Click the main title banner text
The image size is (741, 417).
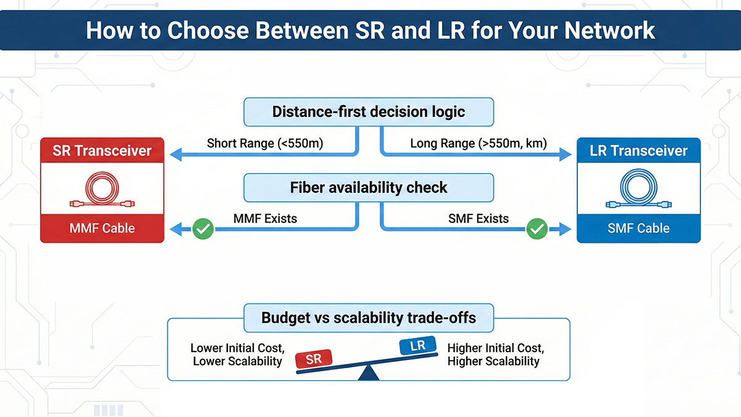(370, 30)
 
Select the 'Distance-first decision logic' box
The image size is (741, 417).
(369, 112)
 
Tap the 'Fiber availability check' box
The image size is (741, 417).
(369, 188)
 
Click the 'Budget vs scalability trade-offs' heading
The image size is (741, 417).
(369, 318)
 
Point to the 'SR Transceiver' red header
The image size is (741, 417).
(102, 151)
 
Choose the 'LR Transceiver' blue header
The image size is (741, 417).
(638, 151)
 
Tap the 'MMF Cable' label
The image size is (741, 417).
(102, 228)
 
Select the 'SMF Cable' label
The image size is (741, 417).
(638, 228)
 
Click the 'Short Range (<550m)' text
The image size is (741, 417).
(265, 144)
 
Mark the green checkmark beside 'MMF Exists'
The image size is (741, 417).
(203, 230)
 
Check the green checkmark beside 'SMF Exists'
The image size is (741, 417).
(537, 230)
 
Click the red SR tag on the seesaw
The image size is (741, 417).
(314, 358)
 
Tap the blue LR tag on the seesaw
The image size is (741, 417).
(418, 346)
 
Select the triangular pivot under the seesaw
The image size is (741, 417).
(369, 373)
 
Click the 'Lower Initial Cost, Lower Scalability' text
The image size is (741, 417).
(237, 355)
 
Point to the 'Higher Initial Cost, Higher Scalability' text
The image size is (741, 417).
(495, 355)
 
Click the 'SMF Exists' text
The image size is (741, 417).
(479, 219)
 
